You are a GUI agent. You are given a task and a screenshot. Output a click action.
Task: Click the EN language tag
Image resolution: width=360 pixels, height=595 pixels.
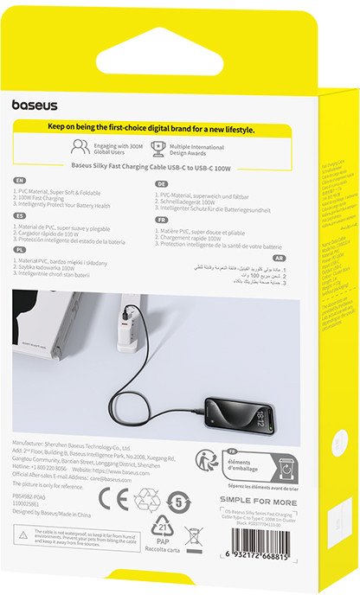point(20,181)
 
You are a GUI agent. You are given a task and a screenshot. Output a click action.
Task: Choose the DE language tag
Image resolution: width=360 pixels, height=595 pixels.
point(161,184)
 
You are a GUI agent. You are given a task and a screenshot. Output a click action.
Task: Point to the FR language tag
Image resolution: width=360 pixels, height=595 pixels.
point(161,220)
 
